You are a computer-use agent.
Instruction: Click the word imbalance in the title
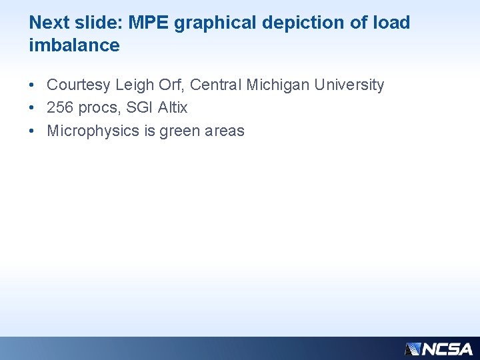(x=75, y=45)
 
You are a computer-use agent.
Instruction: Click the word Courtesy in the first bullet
(x=79, y=85)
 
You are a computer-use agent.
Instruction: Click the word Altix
(x=173, y=107)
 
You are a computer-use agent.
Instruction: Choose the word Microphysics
(x=93, y=131)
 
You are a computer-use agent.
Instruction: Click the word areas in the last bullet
(x=225, y=131)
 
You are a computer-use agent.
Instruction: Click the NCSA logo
(x=439, y=349)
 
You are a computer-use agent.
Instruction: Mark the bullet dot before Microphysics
(x=32, y=131)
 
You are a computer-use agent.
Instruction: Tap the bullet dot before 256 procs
(x=32, y=108)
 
